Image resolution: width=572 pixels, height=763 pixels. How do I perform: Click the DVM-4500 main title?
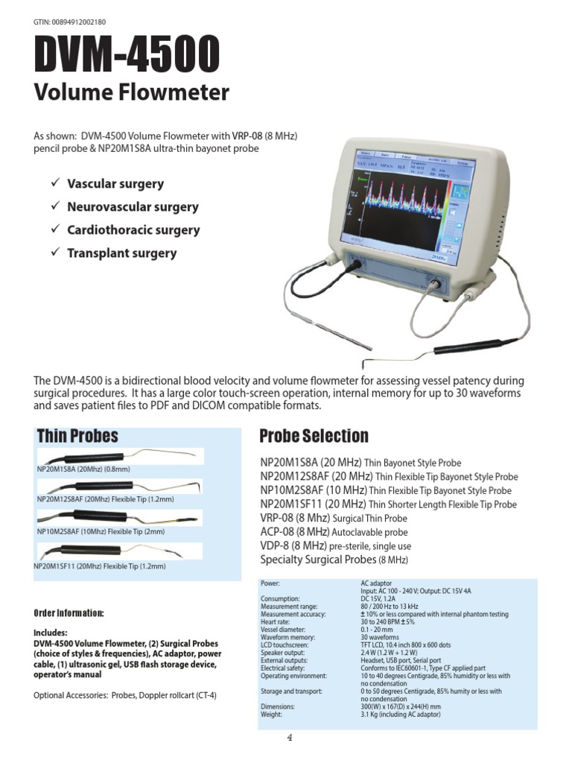127,57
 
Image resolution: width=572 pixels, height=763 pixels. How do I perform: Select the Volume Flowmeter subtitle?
131,92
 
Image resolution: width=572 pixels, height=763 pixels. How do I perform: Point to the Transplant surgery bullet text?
121,253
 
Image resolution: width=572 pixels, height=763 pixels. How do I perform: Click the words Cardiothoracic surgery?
133,230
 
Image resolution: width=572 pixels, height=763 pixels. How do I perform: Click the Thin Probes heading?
77,436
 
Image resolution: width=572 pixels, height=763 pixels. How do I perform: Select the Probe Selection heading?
314,436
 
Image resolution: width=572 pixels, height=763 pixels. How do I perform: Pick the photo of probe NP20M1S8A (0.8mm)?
119,456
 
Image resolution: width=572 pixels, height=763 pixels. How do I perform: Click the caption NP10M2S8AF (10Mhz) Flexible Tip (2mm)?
101,532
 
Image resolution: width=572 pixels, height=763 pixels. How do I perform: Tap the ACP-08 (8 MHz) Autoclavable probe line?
334,532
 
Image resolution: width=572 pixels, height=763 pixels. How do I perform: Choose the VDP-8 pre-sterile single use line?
335,546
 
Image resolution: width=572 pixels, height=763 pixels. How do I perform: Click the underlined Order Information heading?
69,613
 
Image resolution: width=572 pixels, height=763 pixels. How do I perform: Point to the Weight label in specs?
272,715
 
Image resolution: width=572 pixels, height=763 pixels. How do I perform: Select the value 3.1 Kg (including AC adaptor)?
401,715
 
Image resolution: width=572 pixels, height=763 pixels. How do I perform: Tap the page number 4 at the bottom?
289,738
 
